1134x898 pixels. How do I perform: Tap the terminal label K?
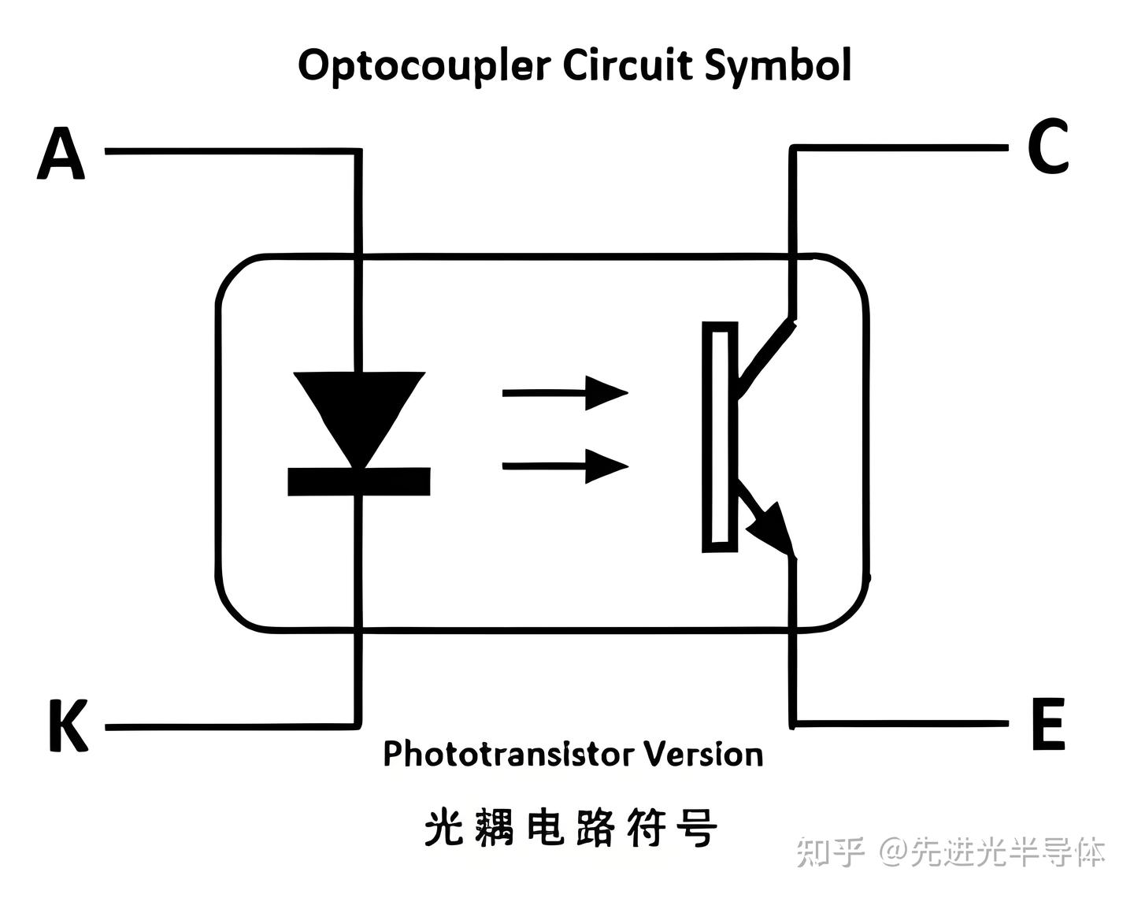(67, 725)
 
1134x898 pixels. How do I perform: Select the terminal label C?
(1048, 147)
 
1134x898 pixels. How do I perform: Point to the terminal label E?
(1048, 724)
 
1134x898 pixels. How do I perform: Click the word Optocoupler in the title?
(424, 65)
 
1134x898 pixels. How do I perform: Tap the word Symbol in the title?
(777, 65)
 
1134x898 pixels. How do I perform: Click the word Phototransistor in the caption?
(508, 755)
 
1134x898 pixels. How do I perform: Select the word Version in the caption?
(704, 755)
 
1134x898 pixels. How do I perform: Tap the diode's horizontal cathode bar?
(359, 481)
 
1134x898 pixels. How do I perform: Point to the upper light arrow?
(565, 391)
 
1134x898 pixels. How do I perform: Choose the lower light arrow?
(565, 466)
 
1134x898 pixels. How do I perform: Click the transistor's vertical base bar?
(720, 437)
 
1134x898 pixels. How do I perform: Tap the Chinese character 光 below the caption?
(444, 829)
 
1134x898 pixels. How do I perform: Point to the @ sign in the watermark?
(893, 852)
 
